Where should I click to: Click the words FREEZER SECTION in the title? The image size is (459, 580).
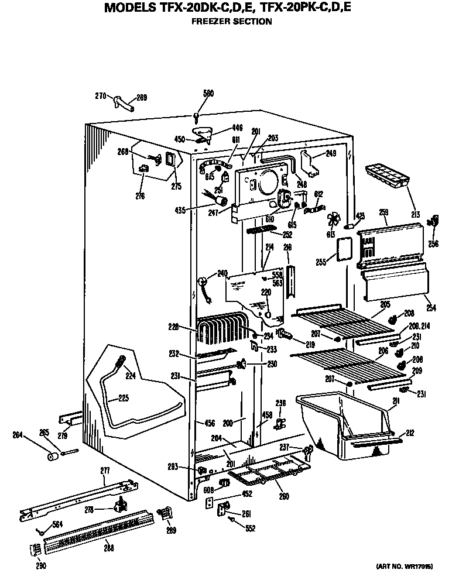(232, 22)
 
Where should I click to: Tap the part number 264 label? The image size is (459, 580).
(18, 434)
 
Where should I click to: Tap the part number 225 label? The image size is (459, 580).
(123, 399)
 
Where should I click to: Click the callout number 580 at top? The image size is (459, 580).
(209, 92)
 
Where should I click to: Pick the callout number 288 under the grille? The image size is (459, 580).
(109, 548)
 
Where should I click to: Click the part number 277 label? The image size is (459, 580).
(105, 471)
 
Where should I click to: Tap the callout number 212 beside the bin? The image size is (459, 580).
(410, 434)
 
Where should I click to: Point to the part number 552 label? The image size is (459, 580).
(251, 528)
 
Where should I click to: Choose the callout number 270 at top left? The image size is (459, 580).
(100, 96)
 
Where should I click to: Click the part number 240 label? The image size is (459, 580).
(222, 272)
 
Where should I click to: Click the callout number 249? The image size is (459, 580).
(331, 154)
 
